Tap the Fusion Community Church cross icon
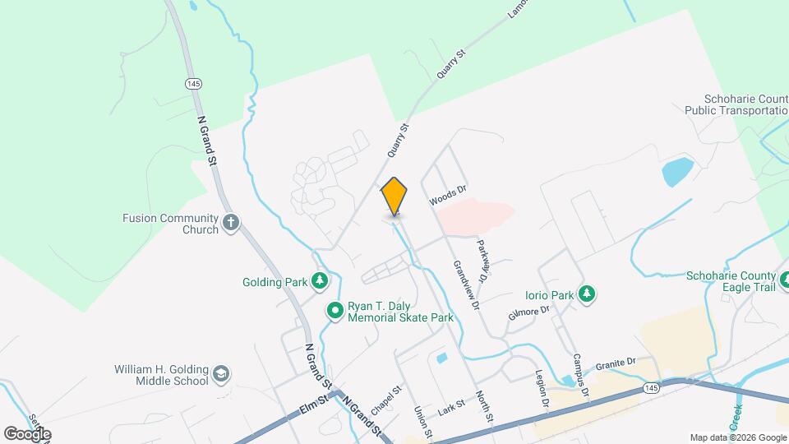[232, 221]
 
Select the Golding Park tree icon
[320, 282]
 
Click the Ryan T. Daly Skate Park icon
[335, 310]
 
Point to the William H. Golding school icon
[220, 375]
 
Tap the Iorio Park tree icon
[586, 294]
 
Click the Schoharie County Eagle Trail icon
[785, 281]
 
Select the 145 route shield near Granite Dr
[651, 386]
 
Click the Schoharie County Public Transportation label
[736, 104]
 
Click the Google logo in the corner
[26, 433]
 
